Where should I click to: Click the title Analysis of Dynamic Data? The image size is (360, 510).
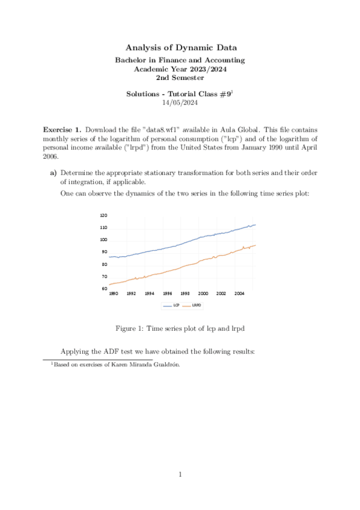tap(180, 47)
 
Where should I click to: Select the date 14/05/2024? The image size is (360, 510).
tap(180, 103)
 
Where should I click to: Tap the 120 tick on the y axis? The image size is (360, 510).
tap(103, 215)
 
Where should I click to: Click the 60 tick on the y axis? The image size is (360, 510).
tap(105, 289)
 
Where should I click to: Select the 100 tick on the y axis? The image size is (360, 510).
tap(103, 240)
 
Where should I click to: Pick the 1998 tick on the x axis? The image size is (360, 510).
tap(185, 294)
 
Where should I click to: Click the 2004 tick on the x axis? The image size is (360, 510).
tap(239, 294)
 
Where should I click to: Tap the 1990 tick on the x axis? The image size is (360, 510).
tap(113, 294)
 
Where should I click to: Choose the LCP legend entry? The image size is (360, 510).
tap(172, 306)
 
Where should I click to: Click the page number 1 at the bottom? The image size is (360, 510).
tap(180, 475)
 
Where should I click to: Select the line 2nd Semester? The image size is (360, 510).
tap(180, 78)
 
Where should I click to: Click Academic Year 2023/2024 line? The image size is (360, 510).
tap(180, 69)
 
